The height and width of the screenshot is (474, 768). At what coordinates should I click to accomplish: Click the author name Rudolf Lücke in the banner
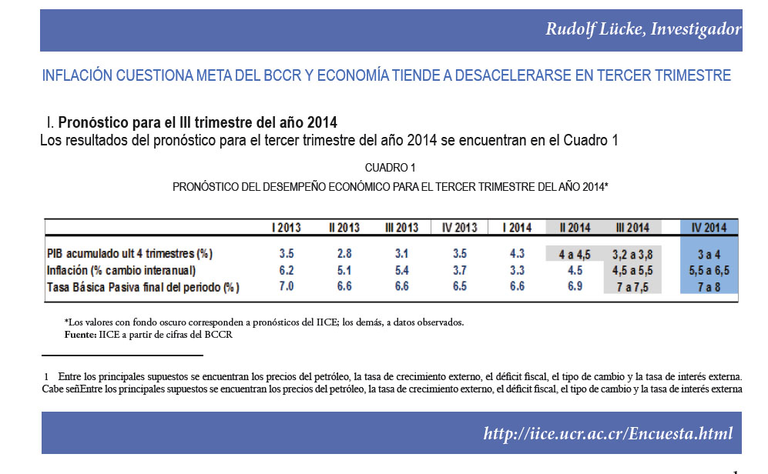(x=595, y=29)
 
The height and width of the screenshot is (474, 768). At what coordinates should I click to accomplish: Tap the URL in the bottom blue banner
(x=608, y=433)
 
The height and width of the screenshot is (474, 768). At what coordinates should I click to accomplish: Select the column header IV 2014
(x=709, y=228)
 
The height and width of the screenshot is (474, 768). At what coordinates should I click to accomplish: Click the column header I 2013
(x=287, y=228)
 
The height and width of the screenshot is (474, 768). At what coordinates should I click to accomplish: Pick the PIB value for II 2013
(x=344, y=253)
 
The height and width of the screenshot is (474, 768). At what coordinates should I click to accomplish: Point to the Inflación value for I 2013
(x=287, y=270)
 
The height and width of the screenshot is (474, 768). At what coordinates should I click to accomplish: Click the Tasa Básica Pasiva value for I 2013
(x=287, y=286)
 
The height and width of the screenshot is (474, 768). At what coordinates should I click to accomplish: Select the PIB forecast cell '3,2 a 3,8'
(x=632, y=255)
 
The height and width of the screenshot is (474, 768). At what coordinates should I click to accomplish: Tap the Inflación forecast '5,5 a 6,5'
(x=709, y=271)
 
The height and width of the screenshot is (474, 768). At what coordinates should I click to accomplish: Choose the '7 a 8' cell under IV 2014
(x=709, y=287)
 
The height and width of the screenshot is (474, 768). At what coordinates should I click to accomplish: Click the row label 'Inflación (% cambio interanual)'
(x=121, y=271)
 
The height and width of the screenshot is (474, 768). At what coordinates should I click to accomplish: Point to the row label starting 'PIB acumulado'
(x=129, y=253)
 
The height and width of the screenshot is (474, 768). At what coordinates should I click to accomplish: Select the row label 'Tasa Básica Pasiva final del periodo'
(x=143, y=287)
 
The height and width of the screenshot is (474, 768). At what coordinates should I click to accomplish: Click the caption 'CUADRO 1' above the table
(x=391, y=168)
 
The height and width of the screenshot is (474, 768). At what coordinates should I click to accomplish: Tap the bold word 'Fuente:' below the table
(x=80, y=335)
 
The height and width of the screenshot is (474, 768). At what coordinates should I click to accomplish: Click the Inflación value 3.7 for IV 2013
(x=459, y=270)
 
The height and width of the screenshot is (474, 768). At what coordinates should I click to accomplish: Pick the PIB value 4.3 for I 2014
(x=517, y=253)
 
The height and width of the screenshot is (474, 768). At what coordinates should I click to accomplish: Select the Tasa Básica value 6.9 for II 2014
(x=575, y=286)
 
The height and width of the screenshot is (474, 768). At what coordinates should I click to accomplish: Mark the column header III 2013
(x=401, y=228)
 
